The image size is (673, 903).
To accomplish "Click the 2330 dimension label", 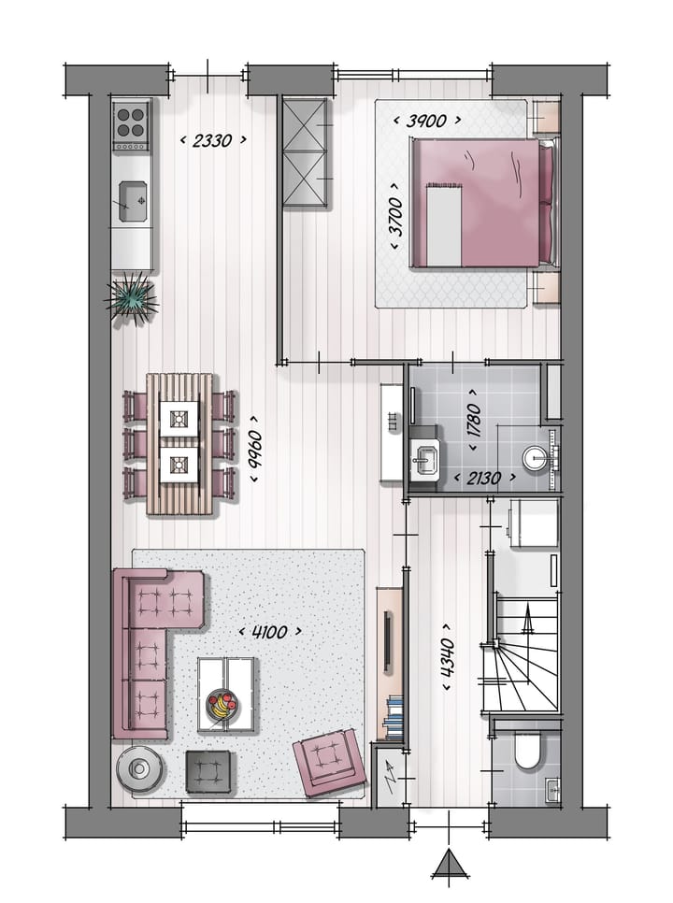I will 213,140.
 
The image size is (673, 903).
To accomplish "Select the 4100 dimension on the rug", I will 271,632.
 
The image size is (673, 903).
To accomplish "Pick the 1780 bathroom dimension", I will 474,423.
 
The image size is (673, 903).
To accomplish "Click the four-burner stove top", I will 132,125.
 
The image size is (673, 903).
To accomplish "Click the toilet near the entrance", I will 527,752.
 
